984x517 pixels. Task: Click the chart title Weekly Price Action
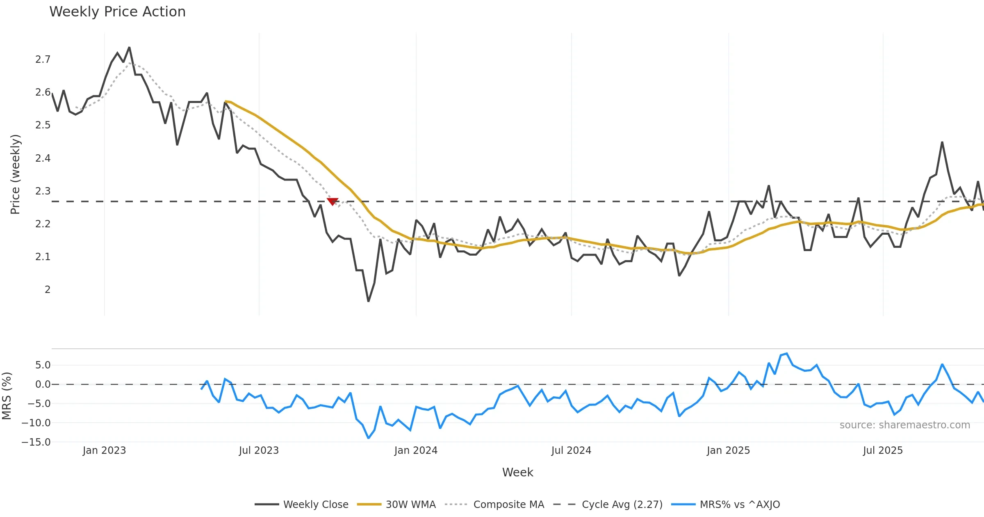click(117, 12)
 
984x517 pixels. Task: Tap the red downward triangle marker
click(333, 201)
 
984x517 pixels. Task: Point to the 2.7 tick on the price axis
click(43, 59)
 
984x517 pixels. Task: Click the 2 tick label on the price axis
click(48, 290)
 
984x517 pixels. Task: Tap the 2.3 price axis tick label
click(43, 191)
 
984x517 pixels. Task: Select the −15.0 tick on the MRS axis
click(36, 442)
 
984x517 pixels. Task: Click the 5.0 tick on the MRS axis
click(43, 365)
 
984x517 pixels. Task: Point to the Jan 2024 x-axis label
click(416, 451)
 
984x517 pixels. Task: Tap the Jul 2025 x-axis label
click(883, 451)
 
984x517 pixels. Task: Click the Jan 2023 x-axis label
click(104, 451)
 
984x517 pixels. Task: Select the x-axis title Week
click(517, 472)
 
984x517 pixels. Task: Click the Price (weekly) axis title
click(15, 174)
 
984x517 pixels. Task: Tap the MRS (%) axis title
click(7, 396)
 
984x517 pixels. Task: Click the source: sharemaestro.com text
click(904, 425)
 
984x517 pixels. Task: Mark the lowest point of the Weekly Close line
click(368, 302)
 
